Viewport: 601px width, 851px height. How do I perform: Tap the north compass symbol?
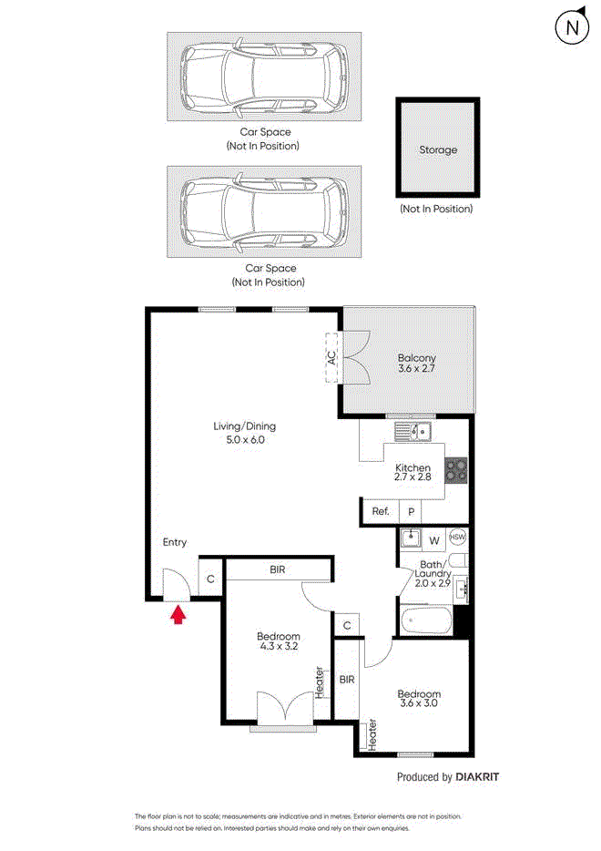tap(572, 26)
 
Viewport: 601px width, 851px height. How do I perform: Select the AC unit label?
tap(331, 358)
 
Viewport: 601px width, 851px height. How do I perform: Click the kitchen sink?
tap(413, 432)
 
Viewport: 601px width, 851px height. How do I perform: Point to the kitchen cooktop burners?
tap(455, 470)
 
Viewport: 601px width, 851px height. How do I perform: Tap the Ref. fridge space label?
tap(381, 511)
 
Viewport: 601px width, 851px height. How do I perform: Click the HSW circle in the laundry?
tap(457, 538)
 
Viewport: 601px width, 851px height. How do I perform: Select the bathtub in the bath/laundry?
tap(426, 620)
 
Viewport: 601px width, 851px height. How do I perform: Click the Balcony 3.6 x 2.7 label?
tap(416, 363)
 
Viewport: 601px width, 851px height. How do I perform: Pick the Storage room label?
tap(438, 149)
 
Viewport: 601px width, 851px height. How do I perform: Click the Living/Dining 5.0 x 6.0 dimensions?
tap(245, 439)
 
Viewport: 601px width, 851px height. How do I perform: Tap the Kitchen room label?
tap(413, 467)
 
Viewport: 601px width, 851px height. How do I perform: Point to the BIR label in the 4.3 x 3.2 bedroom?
tap(277, 569)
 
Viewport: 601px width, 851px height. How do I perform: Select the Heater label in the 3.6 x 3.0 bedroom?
tap(372, 735)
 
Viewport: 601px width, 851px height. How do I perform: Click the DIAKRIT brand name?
tap(477, 777)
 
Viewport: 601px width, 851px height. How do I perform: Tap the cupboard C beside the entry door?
tap(210, 579)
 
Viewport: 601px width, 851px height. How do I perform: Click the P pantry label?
tap(412, 512)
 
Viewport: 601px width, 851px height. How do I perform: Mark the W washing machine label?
tap(434, 540)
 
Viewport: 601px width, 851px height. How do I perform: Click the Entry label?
tap(174, 542)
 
